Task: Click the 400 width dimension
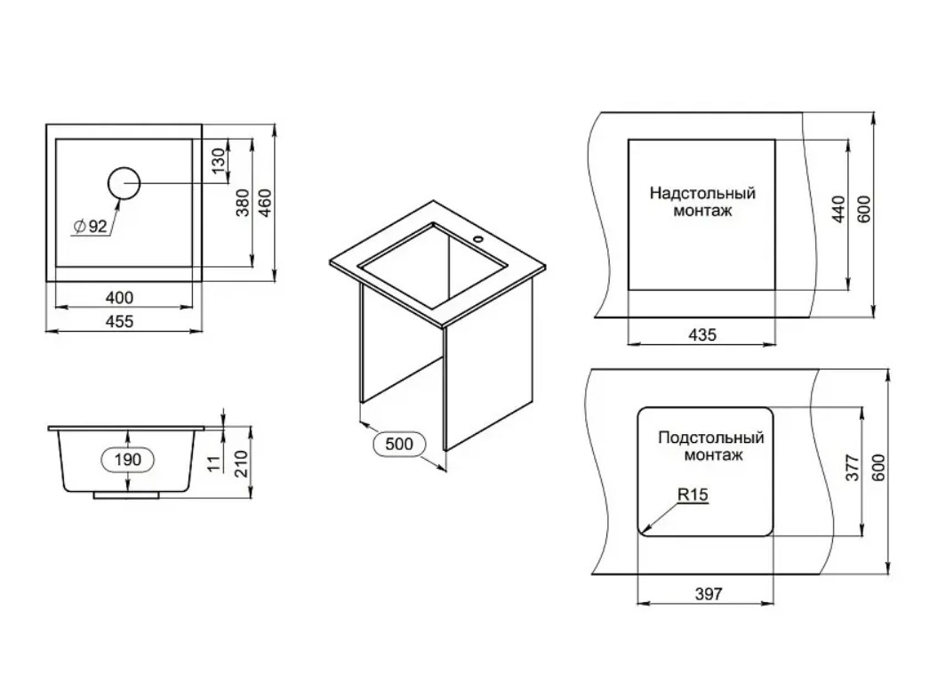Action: (x=119, y=297)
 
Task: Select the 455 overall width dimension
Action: (x=119, y=321)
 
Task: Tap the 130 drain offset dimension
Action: (x=219, y=161)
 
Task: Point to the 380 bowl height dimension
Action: (x=244, y=203)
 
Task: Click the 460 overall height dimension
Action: (x=265, y=203)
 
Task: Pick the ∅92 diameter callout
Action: (x=90, y=226)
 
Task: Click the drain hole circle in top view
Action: (x=124, y=183)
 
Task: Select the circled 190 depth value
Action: (x=127, y=459)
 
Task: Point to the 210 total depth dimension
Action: (x=241, y=463)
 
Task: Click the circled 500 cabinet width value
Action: (x=398, y=444)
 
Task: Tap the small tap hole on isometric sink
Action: (x=478, y=240)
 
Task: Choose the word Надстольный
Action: (x=702, y=194)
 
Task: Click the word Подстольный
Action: (x=710, y=438)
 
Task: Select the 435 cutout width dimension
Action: (x=702, y=334)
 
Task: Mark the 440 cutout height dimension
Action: (x=838, y=209)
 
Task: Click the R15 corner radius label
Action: (x=693, y=494)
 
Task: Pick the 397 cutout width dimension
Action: (x=709, y=593)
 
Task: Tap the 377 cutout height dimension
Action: (x=853, y=468)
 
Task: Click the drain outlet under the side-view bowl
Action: (x=125, y=495)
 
